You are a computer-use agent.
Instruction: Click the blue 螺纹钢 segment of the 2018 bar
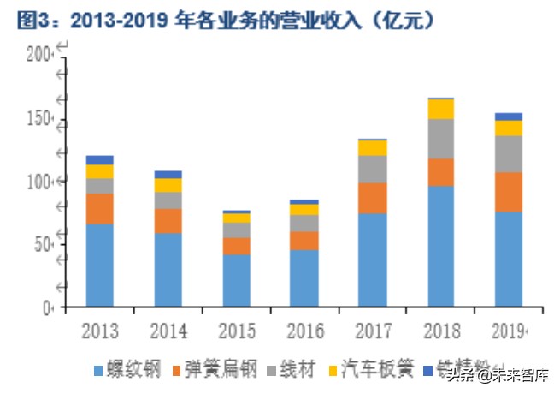[x=440, y=246]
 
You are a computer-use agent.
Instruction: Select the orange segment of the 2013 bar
[x=99, y=208]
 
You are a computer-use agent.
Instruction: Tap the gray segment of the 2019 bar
[x=508, y=153]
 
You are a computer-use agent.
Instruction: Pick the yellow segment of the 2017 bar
[x=373, y=147]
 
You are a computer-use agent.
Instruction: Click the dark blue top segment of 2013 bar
[x=99, y=160]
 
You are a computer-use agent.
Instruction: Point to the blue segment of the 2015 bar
[x=236, y=280]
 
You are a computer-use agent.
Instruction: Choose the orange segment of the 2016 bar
[x=304, y=240]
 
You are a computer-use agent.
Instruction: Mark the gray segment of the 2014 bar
[x=168, y=200]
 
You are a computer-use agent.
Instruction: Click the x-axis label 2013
[x=99, y=331]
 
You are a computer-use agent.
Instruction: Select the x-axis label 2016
[x=304, y=331]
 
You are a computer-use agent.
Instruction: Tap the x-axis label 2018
[x=440, y=331]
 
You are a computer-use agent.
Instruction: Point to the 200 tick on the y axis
[x=38, y=56]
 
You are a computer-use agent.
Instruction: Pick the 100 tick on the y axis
[x=38, y=182]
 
